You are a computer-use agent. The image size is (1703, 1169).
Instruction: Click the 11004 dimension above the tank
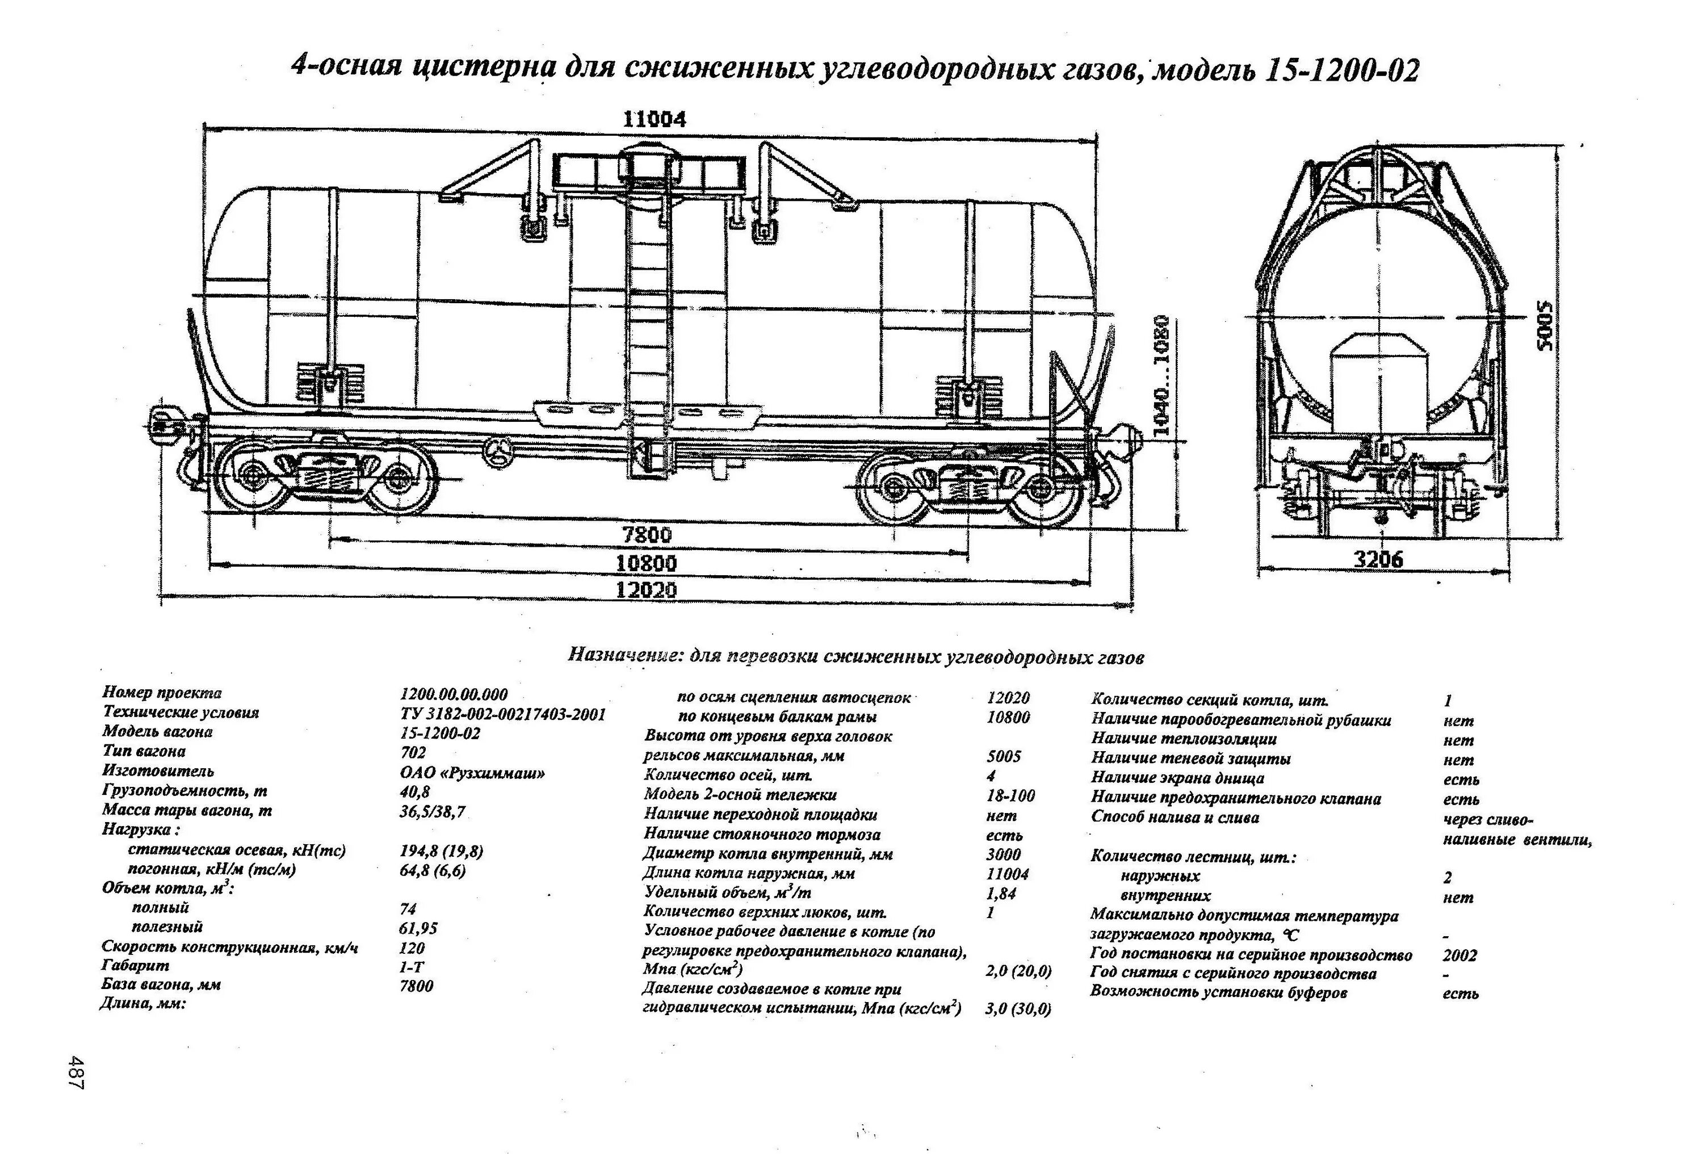[655, 119]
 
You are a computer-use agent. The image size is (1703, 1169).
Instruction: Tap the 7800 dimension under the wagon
[647, 535]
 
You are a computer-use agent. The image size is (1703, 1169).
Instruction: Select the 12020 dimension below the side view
[647, 590]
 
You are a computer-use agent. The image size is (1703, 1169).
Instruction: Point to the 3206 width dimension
[1378, 560]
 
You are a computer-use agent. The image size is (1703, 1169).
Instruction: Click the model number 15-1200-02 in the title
[1342, 71]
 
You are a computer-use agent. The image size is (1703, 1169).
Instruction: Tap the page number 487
[76, 1071]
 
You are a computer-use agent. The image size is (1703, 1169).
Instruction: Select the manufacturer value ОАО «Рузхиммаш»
[473, 773]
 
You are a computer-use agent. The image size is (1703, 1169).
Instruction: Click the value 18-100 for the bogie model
[1011, 796]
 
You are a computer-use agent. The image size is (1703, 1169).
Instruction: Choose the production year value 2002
[1459, 956]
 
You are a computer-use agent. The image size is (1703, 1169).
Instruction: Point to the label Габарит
[136, 966]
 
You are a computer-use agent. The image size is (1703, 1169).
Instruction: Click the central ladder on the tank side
[647, 308]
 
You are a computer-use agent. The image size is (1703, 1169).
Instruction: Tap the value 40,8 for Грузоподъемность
[415, 792]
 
